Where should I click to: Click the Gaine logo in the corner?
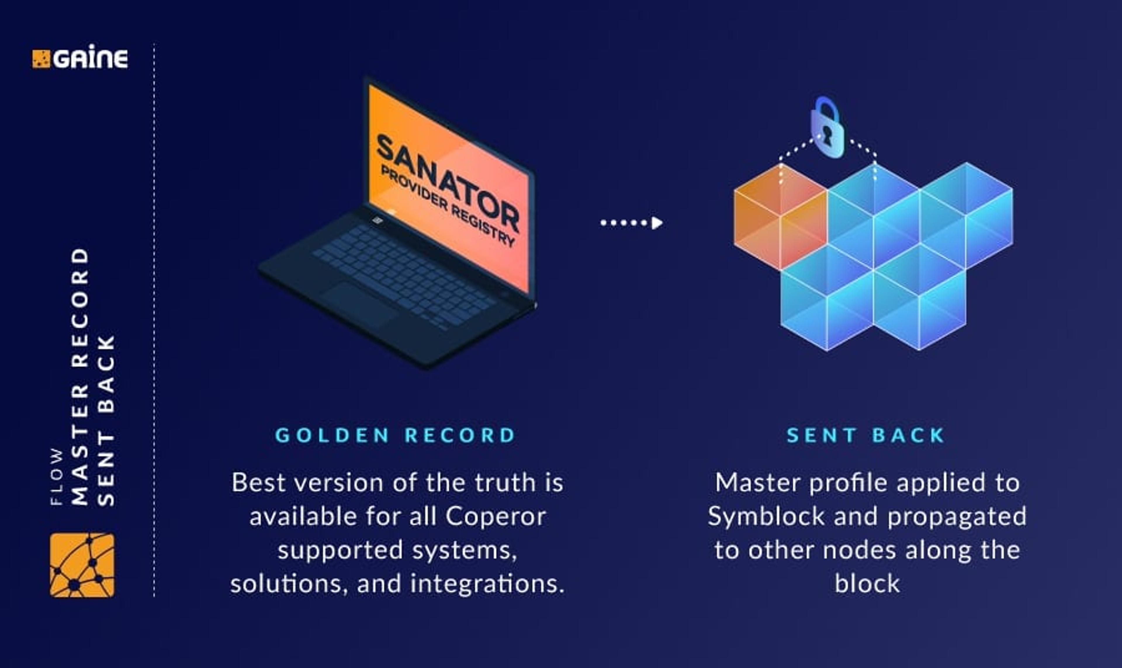coord(80,58)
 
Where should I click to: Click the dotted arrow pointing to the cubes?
coord(631,222)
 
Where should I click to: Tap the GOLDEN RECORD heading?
coord(395,435)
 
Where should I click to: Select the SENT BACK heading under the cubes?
coord(865,435)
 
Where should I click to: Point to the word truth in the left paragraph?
coord(505,483)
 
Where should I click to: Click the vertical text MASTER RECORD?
coord(80,376)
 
